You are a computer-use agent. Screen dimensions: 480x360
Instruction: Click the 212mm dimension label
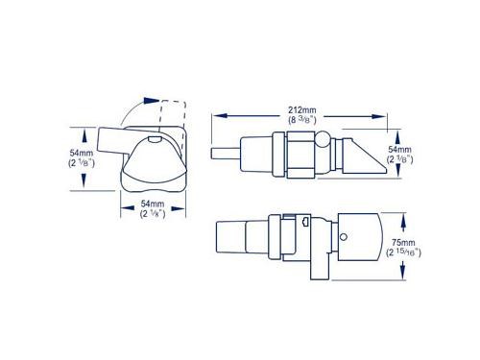point(302,110)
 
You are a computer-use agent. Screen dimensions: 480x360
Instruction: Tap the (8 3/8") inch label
point(302,121)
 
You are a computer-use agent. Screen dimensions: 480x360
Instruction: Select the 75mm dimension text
point(403,242)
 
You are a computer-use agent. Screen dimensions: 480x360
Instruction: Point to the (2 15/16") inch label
point(403,252)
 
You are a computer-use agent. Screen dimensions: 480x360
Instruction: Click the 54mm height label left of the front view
point(82,153)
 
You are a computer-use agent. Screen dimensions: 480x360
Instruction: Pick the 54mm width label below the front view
point(153,204)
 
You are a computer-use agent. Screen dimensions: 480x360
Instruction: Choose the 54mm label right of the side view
point(400,149)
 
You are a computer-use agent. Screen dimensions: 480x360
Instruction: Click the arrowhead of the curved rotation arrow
point(151,101)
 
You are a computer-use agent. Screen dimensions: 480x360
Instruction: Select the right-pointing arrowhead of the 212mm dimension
point(379,116)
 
